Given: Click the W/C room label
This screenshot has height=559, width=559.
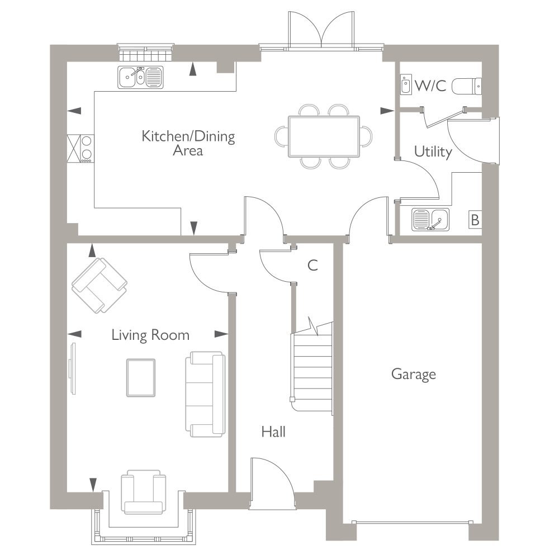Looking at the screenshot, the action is (430, 86).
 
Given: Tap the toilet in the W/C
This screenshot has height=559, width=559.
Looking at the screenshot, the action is (467, 86).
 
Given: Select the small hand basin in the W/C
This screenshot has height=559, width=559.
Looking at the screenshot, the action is (406, 84).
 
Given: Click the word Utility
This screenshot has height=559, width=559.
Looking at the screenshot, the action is (433, 152).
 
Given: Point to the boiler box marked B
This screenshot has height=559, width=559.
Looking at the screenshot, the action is (475, 220).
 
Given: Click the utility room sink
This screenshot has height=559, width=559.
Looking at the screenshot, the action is (430, 220).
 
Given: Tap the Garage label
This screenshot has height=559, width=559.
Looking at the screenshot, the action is (414, 375).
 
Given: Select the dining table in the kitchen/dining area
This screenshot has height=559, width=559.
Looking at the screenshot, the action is (324, 136).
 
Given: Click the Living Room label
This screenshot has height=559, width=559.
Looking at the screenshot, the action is (150, 335).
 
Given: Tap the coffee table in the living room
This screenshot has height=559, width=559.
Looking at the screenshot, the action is (141, 377).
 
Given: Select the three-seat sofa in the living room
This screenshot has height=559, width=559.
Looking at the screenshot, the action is (205, 394).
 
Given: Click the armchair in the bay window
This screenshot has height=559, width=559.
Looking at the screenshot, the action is (143, 492).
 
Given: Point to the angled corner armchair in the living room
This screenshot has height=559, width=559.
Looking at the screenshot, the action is (100, 285).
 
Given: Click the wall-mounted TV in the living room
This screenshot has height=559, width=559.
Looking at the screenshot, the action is (73, 368).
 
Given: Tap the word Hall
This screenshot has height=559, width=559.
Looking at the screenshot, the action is (273, 432).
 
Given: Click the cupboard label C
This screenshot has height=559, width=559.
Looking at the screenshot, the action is (312, 265).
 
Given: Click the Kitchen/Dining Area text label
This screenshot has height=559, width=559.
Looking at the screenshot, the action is (188, 143).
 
